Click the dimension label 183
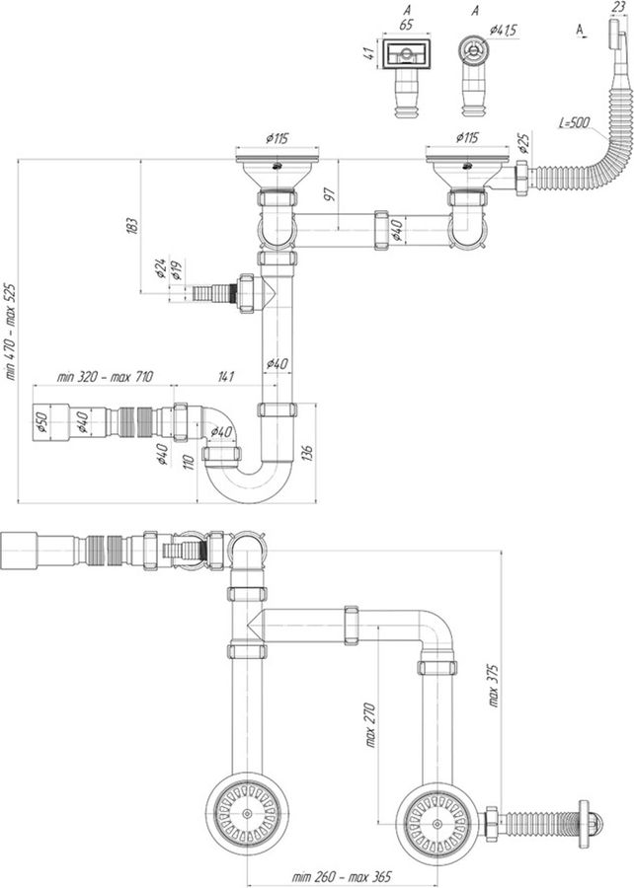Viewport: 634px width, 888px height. [x=131, y=226]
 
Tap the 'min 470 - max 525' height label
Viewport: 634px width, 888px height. [x=11, y=332]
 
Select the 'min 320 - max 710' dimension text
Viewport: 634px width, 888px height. [x=105, y=377]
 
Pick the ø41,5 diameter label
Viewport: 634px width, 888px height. [x=504, y=31]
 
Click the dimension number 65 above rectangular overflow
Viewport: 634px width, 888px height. [x=406, y=25]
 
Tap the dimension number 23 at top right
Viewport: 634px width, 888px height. [x=618, y=8]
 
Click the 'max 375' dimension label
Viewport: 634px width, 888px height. [x=493, y=686]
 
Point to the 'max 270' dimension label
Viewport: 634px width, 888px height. [x=370, y=725]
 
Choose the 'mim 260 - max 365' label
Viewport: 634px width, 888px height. [x=342, y=877]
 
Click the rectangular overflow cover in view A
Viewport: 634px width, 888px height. [x=406, y=54]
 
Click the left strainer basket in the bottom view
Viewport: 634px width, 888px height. [x=248, y=813]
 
